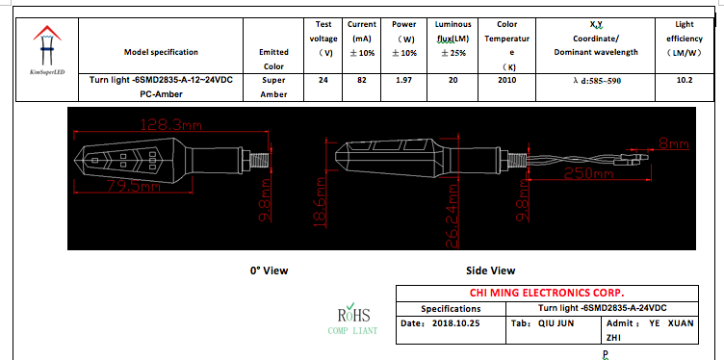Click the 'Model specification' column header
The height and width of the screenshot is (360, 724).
point(161,52)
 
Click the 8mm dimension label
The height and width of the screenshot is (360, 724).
point(673,143)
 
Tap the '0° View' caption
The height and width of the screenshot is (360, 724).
point(269,270)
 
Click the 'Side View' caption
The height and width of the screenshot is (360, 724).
point(490,270)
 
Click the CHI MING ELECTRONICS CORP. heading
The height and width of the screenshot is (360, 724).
point(546,293)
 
